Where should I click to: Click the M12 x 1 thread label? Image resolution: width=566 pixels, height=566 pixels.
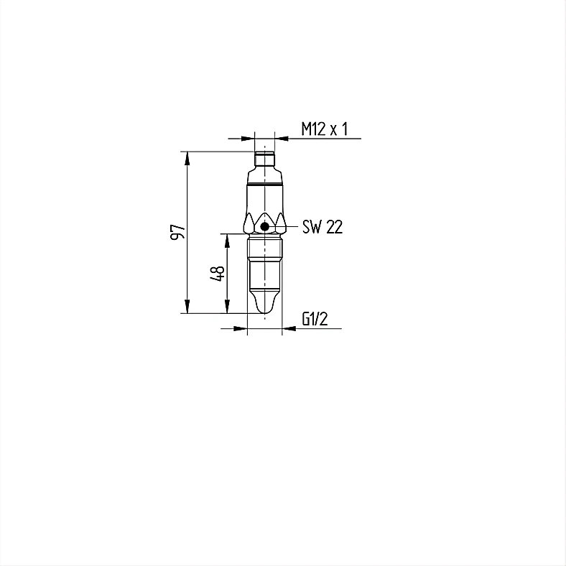[325, 129]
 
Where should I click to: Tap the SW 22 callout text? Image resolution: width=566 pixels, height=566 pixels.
[323, 227]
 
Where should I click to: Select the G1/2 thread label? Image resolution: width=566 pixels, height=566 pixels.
[315, 319]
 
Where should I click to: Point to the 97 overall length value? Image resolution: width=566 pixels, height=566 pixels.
[177, 231]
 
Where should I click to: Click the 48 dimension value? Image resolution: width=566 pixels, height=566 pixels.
[218, 273]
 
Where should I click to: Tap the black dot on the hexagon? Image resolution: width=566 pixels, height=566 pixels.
[265, 227]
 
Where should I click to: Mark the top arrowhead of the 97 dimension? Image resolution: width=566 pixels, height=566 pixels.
[187, 159]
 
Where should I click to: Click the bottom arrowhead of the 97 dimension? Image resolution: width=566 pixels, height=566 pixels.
[187, 307]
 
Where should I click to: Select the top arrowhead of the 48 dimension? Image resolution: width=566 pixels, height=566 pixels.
[227, 241]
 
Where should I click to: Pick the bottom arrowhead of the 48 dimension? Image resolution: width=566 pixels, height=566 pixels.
[227, 307]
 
